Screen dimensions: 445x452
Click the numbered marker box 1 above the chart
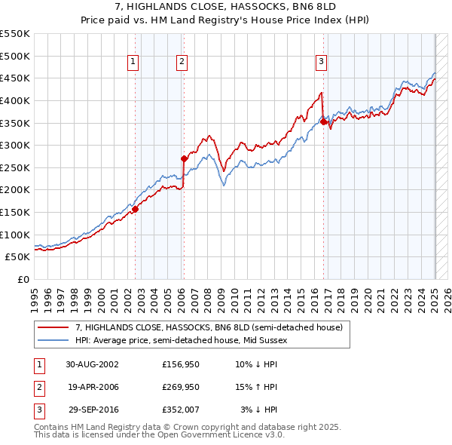click(133, 63)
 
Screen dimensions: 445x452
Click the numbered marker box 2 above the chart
click(182, 63)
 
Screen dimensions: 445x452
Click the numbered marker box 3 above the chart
click(321, 63)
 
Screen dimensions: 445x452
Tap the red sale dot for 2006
click(184, 158)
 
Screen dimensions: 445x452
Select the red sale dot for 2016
click(323, 121)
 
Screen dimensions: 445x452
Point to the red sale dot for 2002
click(136, 209)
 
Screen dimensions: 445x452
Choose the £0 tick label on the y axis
click(23, 279)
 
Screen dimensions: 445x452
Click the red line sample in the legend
click(53, 327)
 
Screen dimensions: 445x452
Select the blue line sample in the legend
click(53, 340)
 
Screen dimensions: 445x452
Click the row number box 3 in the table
click(37, 410)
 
